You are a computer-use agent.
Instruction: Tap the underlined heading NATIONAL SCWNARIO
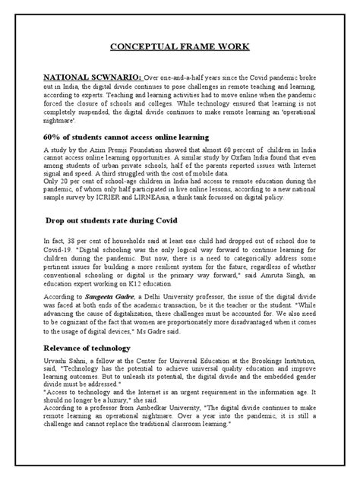(93, 77)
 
